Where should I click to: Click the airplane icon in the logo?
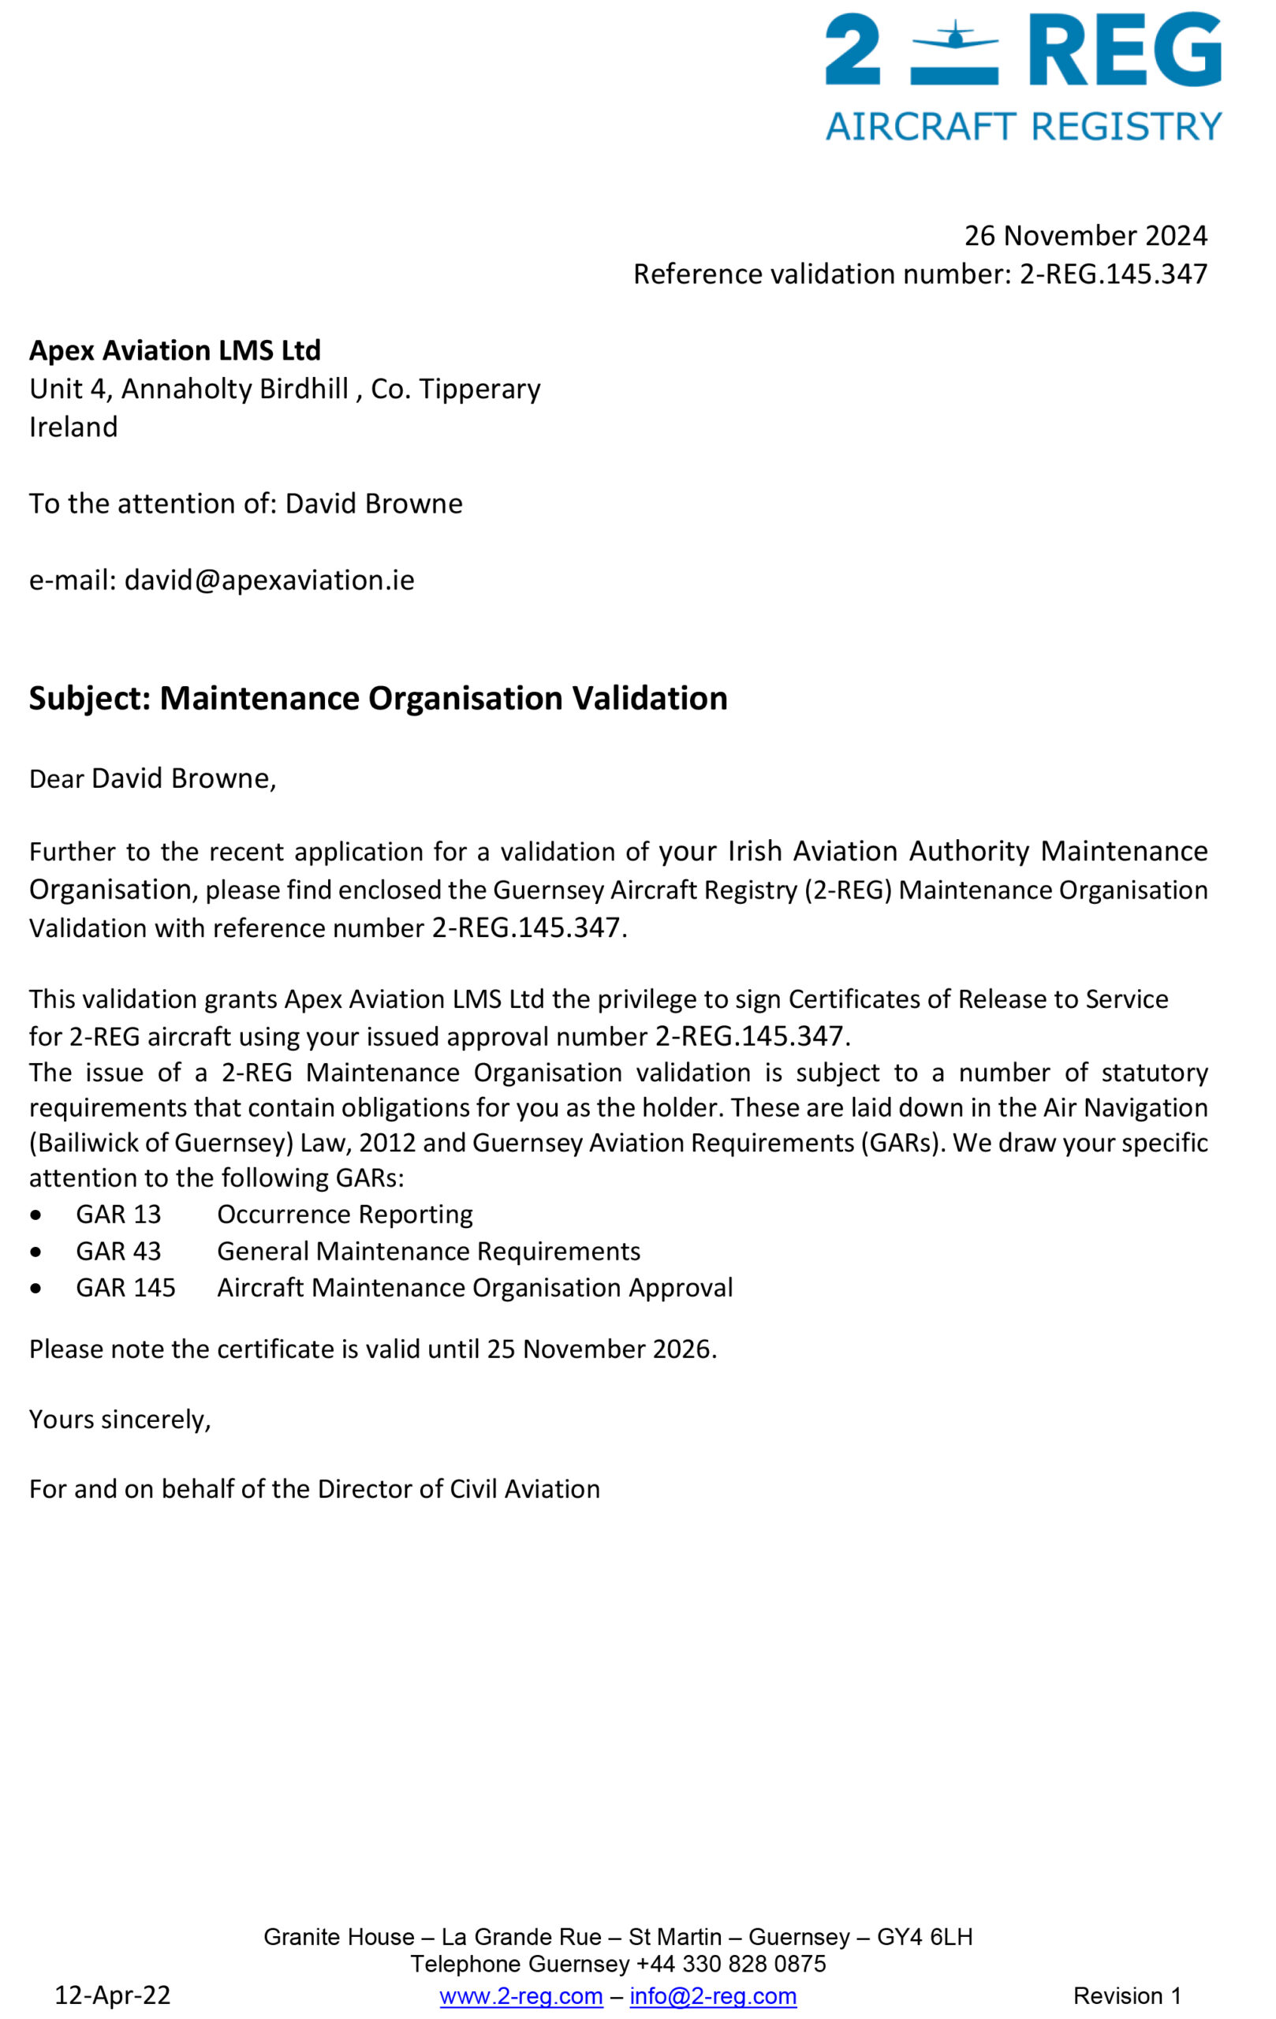[x=954, y=37]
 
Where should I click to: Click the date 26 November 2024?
[x=1085, y=236]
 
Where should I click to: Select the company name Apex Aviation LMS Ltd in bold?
[x=175, y=349]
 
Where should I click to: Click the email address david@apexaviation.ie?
[x=269, y=580]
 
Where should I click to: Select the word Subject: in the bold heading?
[x=90, y=699]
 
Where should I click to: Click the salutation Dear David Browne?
[x=152, y=778]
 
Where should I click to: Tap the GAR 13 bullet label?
[x=118, y=1214]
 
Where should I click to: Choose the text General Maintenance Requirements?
[x=428, y=1251]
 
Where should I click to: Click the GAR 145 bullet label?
[x=125, y=1287]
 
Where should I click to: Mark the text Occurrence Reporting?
[x=345, y=1214]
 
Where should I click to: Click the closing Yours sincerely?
[x=120, y=1419]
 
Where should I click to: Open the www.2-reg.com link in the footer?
[x=520, y=1995]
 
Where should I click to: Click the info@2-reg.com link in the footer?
[x=713, y=1995]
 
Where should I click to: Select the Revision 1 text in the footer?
[x=1127, y=1995]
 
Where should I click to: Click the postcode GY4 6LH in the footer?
[x=924, y=1937]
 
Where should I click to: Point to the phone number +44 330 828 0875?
[x=731, y=1964]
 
